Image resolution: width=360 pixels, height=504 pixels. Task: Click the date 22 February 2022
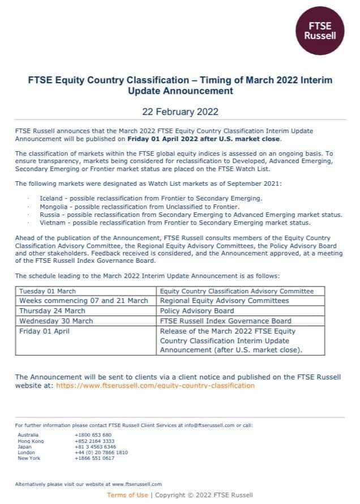[x=179, y=111]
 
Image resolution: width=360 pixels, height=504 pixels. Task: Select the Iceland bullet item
[x=151, y=198]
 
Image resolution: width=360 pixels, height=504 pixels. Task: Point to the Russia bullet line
[x=190, y=215]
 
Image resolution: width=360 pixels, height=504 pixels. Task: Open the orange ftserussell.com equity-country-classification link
[x=155, y=385]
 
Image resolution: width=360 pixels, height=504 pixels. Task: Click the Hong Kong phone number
[x=94, y=441]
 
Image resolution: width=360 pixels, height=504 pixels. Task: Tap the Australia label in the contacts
[x=28, y=435]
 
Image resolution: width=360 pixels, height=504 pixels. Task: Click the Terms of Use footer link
[x=127, y=495]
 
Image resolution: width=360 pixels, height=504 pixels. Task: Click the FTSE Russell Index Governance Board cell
[x=226, y=321]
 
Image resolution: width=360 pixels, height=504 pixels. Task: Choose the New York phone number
[x=94, y=458]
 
